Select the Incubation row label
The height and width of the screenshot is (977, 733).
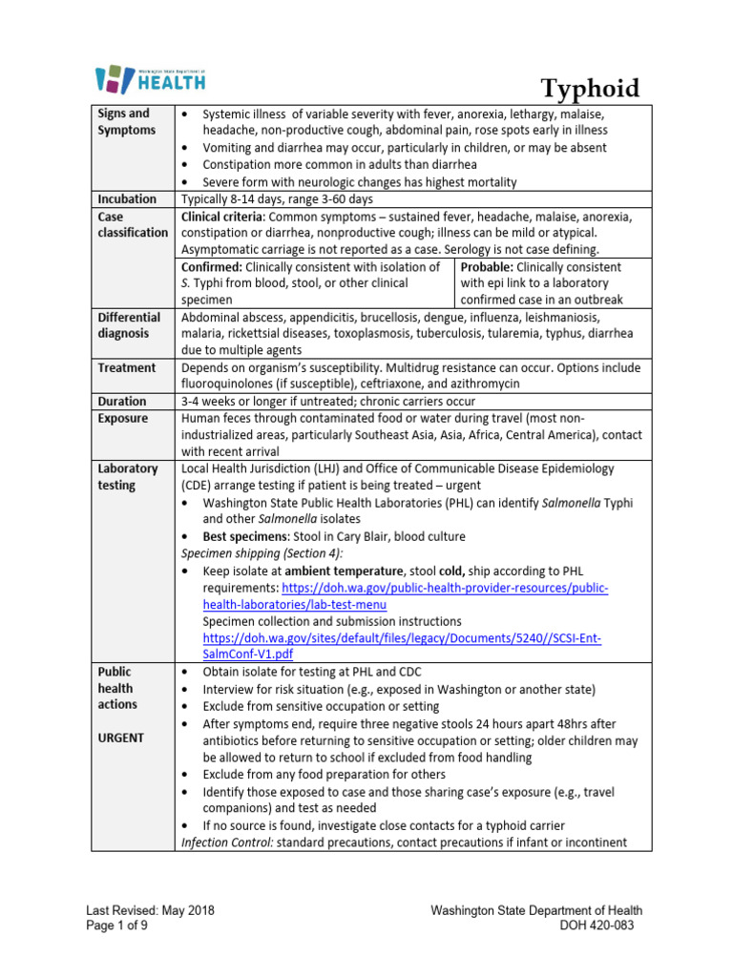(126, 199)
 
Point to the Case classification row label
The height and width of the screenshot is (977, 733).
(132, 225)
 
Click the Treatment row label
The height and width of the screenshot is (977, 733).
(126, 367)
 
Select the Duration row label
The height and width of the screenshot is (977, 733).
(122, 402)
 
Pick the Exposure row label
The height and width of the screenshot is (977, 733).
(123, 419)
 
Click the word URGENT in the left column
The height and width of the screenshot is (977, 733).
(122, 738)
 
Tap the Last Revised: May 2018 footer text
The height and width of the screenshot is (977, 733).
(150, 910)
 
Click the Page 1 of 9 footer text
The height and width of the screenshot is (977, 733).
(120, 925)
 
